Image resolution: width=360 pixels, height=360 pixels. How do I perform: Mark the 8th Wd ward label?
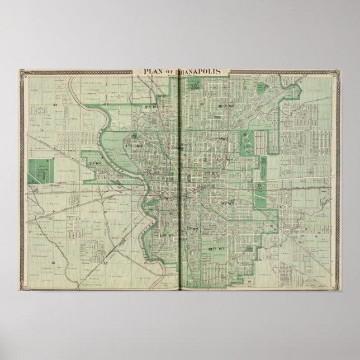click(228, 202)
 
